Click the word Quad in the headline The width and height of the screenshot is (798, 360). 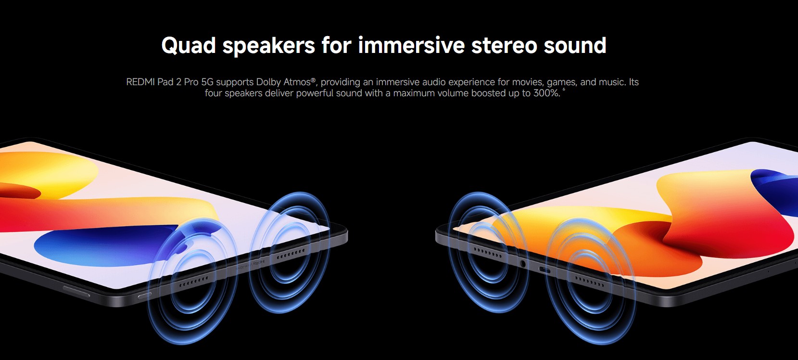point(189,46)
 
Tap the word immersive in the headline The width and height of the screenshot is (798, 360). point(411,45)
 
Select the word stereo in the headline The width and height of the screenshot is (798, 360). point(504,45)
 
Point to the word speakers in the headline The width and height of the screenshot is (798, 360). point(269,46)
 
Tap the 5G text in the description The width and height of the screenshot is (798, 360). point(207,82)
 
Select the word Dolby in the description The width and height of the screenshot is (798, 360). point(268,82)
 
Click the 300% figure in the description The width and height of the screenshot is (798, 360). point(546,93)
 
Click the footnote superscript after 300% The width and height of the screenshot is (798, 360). point(564,90)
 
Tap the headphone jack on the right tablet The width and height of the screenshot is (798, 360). point(523,264)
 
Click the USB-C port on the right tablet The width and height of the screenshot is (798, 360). point(545,270)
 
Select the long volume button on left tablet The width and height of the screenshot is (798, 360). point(76,291)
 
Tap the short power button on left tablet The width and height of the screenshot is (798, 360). point(145,295)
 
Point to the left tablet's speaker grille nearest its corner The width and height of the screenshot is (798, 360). point(291,254)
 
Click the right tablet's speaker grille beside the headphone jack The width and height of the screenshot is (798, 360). point(488,253)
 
